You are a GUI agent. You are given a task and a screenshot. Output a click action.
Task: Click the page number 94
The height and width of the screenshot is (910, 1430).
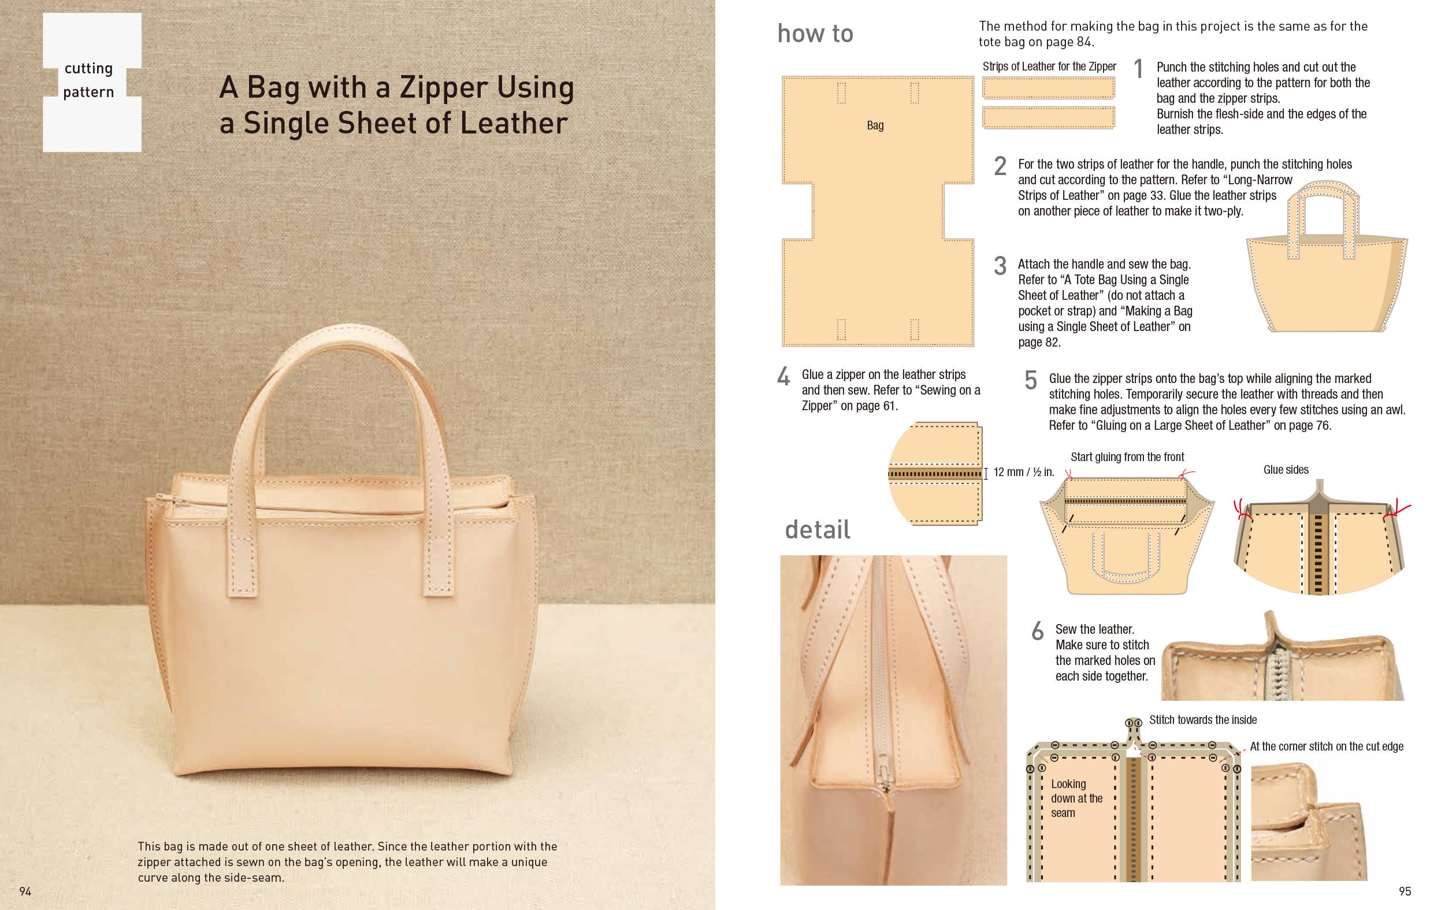pos(25,891)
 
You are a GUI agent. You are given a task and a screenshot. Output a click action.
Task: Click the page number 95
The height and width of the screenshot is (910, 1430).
pos(1405,891)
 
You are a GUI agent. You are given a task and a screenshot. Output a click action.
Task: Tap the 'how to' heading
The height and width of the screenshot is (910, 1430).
pos(815,34)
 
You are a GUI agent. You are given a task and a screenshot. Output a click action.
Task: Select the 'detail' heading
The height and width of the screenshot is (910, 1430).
pos(817,529)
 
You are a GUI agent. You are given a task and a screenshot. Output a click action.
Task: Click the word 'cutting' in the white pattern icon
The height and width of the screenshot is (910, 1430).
pos(88,68)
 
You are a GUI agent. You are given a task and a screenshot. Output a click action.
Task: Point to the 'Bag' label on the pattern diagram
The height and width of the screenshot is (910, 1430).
pos(875,125)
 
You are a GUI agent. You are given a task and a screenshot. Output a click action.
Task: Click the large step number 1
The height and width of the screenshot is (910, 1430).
pos(1138,69)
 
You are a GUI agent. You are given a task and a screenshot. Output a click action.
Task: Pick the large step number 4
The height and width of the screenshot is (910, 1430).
pos(783,377)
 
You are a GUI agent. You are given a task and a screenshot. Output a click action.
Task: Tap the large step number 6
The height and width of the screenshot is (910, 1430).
pos(1037,632)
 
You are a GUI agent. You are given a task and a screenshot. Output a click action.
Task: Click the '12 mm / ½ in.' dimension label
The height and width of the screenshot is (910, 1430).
pos(1023,472)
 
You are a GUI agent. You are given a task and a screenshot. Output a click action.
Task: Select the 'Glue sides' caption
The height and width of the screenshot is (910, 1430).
pos(1286,470)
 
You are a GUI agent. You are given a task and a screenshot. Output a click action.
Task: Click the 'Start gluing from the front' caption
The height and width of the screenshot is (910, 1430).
pos(1127,457)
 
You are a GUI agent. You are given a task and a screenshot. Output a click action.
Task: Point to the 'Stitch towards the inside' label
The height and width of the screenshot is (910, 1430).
pos(1202,720)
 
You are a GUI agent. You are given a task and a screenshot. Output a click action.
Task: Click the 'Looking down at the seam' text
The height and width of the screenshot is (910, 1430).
pos(1076,798)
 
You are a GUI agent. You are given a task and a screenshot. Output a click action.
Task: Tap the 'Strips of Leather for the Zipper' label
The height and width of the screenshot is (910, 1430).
pos(1049,66)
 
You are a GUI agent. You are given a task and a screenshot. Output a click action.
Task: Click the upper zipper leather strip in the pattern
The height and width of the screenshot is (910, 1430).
pos(1048,88)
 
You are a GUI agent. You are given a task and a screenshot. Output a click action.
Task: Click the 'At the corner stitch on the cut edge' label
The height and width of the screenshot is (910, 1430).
pos(1326,746)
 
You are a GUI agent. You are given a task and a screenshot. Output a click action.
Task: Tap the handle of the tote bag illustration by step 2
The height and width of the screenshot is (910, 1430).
pos(1323,191)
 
